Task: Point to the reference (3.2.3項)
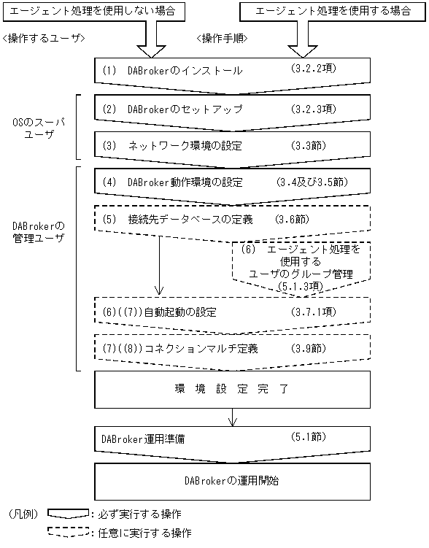[308, 108]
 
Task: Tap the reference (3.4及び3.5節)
[314, 182]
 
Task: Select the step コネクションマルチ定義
[189, 349]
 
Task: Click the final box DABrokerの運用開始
[232, 481]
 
